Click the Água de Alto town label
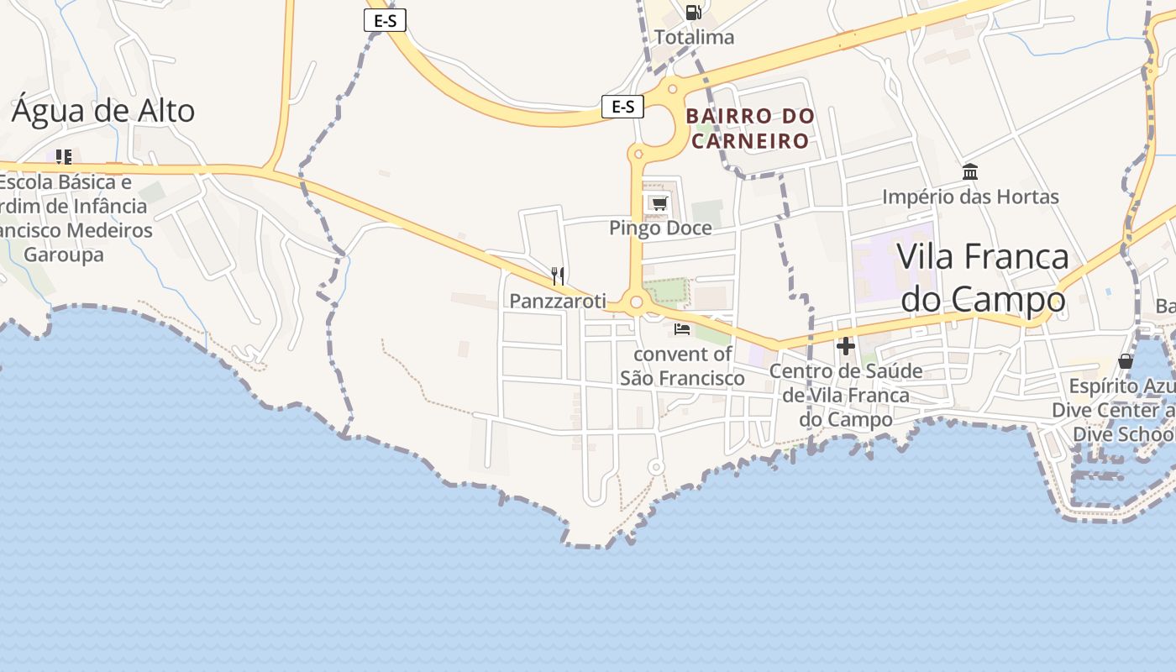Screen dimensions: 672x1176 (x=102, y=111)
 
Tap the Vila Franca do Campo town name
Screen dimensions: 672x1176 (x=983, y=277)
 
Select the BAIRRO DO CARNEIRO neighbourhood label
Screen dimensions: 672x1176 (x=750, y=128)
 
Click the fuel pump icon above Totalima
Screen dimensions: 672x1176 (x=693, y=13)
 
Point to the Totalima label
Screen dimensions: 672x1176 (x=694, y=37)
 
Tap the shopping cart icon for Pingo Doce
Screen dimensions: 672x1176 (x=659, y=203)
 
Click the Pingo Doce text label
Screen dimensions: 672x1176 (x=660, y=228)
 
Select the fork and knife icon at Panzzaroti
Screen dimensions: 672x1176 (x=558, y=276)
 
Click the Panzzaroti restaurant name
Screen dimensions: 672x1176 (x=558, y=301)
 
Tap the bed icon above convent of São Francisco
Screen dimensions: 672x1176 (x=682, y=329)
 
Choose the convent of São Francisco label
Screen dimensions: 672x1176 (x=682, y=366)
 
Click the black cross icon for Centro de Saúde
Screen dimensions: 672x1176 (x=846, y=346)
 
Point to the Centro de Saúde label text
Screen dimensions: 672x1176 (x=846, y=395)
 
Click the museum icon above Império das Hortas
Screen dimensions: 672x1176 (x=970, y=172)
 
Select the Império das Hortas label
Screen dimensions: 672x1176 (x=970, y=197)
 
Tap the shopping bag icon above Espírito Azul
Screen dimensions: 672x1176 (x=1126, y=361)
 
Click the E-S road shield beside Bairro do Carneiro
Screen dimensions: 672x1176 (x=622, y=107)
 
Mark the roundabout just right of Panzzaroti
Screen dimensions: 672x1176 (x=636, y=302)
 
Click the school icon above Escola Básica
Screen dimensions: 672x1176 (x=63, y=157)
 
